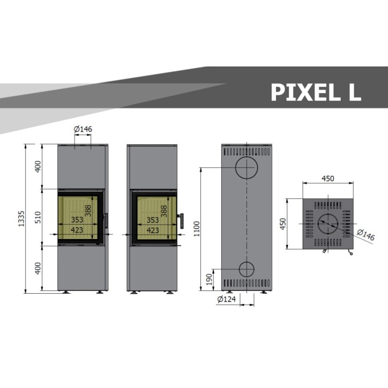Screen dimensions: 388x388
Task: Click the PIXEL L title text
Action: pyautogui.click(x=316, y=92)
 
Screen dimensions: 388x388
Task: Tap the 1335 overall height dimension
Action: pyautogui.click(x=21, y=218)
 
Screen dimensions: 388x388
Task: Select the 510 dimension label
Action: pyautogui.click(x=38, y=217)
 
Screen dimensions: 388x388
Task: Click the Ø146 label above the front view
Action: pyautogui.click(x=83, y=129)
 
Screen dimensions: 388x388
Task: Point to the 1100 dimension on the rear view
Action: pyautogui.click(x=197, y=229)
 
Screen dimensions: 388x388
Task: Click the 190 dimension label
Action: pyautogui.click(x=210, y=279)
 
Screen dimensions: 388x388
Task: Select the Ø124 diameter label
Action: pyautogui.click(x=226, y=299)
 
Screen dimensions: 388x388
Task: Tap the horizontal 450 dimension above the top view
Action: pyautogui.click(x=328, y=178)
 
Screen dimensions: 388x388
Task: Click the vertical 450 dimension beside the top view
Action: pyautogui.click(x=283, y=223)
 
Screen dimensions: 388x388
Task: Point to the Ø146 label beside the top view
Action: pyautogui.click(x=366, y=235)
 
